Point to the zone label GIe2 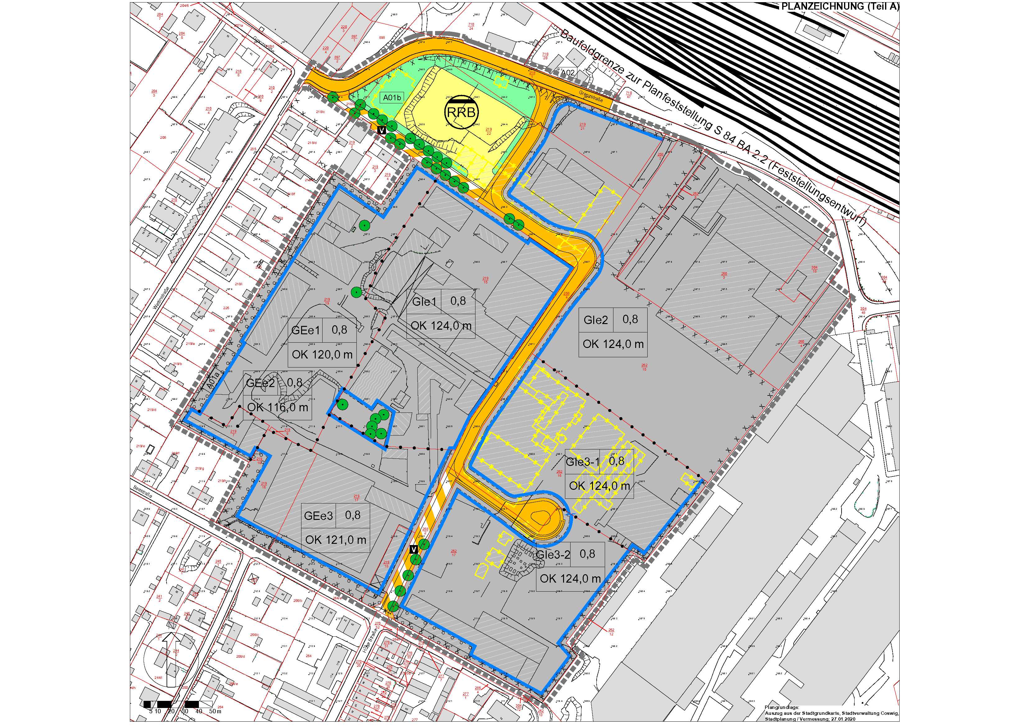[x=595, y=320]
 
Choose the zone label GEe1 [x=306, y=331]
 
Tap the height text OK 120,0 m [x=322, y=355]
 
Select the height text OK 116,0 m [x=278, y=408]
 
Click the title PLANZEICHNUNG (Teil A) [x=843, y=6]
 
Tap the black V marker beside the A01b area [x=382, y=130]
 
